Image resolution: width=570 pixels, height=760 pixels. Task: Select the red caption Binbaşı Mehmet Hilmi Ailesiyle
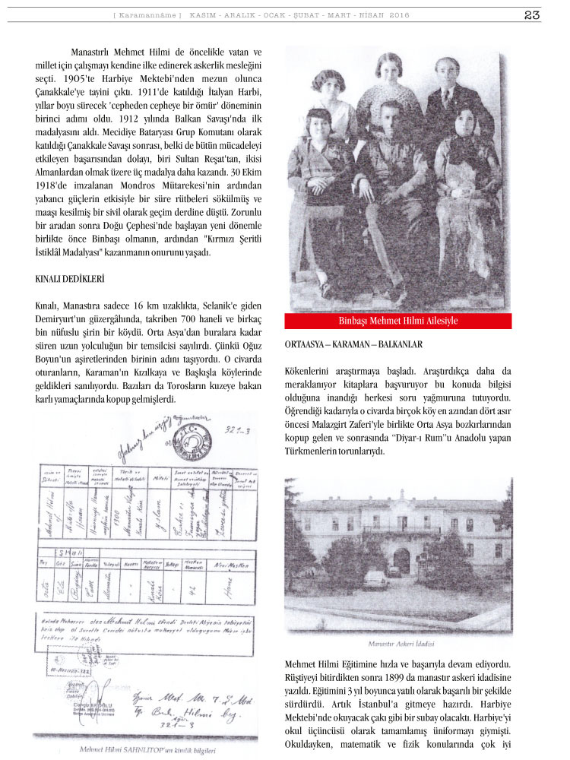(398, 321)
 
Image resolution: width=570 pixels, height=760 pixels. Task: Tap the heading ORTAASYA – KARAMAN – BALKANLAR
(353, 344)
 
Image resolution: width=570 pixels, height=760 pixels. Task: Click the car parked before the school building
(375, 581)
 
